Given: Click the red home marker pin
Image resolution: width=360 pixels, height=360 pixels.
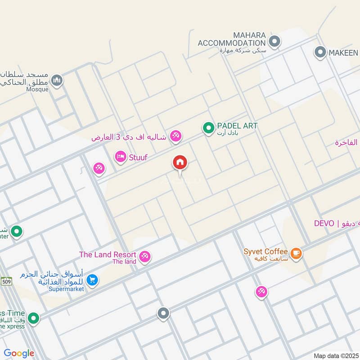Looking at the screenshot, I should (180, 163).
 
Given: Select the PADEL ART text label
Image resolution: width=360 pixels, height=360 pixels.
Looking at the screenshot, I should (237, 126).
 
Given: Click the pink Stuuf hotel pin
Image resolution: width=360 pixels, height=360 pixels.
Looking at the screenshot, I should (120, 157).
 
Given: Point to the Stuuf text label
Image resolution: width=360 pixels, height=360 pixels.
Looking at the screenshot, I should (138, 157).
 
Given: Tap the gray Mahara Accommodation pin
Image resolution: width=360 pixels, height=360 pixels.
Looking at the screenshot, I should (274, 42).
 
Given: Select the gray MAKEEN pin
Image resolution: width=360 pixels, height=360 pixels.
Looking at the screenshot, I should (320, 53).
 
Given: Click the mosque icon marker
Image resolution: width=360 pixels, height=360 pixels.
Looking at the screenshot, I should (57, 81).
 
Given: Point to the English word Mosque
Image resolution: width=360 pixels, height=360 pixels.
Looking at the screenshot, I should (37, 90).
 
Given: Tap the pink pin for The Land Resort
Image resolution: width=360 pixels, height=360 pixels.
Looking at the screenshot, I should (144, 256).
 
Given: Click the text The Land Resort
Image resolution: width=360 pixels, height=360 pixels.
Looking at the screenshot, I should (108, 255).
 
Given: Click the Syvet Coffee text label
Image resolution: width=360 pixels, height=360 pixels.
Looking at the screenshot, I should (265, 251).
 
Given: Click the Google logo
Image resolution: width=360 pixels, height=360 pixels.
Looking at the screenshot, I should (19, 354).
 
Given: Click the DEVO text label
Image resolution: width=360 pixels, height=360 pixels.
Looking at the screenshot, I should (324, 224).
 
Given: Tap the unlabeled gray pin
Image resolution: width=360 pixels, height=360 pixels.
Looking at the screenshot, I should (163, 313).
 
